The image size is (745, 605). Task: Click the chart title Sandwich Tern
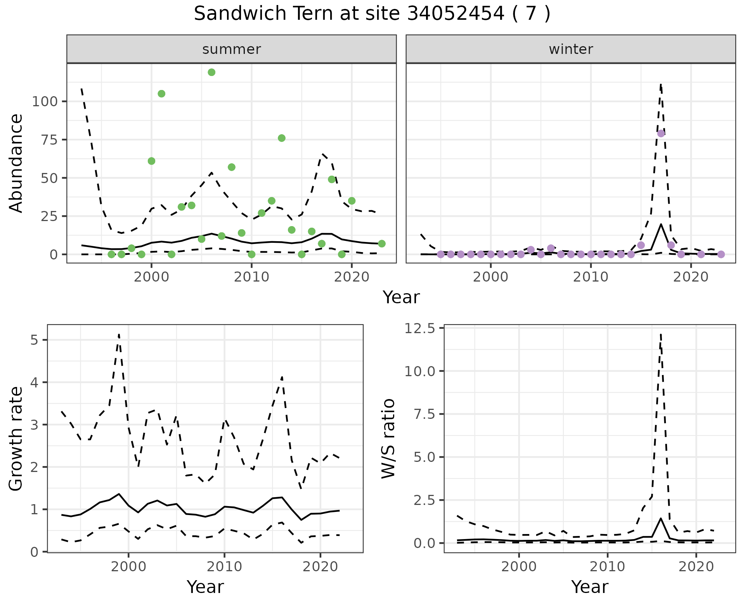[x=372, y=14]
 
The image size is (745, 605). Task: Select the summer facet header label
[x=232, y=49]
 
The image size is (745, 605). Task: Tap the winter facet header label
[x=571, y=49]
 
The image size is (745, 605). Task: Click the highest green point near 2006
[x=211, y=72]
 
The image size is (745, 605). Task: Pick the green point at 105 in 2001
[x=161, y=93]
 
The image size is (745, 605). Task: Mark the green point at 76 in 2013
[x=282, y=138]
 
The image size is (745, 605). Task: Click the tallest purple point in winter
[x=661, y=133]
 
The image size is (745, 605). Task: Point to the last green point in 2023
[x=382, y=244]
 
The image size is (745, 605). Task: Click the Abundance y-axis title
[x=16, y=163]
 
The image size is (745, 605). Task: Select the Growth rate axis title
[x=16, y=439]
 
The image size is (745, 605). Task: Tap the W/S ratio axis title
[x=388, y=439]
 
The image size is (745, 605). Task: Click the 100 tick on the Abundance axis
[x=45, y=102]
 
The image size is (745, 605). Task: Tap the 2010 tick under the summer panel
[x=251, y=277]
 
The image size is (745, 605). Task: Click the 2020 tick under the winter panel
[x=691, y=277]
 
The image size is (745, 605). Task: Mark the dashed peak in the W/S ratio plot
[x=660, y=334]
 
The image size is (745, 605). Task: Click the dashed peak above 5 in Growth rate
[x=119, y=334]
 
